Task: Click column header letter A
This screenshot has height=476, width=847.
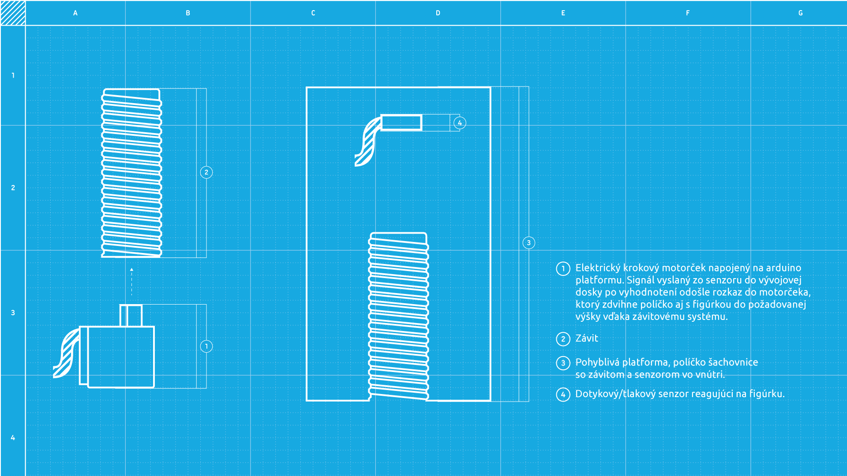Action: coord(75,13)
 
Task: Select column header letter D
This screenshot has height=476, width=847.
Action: coord(438,13)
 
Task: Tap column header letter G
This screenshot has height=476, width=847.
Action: coord(801,13)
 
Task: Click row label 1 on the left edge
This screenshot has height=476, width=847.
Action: coord(13,75)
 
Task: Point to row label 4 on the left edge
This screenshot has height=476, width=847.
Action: coord(13,438)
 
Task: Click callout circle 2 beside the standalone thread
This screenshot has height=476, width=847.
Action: coord(206,172)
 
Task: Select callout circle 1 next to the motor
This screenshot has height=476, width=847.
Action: coord(206,346)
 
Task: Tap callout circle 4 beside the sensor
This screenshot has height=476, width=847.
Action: coord(460,123)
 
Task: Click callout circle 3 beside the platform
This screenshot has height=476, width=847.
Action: coord(528,243)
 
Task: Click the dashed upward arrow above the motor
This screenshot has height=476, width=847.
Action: coord(131,281)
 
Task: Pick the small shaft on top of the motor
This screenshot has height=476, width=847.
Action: coord(131,316)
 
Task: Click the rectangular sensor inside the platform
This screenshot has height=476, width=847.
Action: coord(401,123)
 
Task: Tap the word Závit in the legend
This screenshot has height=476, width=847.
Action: coord(587,338)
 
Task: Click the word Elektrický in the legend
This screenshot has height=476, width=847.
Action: coord(597,268)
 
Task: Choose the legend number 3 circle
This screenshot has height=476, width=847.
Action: coord(563,363)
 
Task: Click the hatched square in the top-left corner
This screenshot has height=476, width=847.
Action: coord(13,13)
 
